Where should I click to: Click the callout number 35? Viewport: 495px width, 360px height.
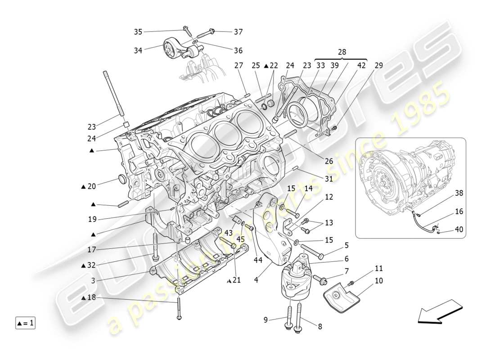tap(138, 31)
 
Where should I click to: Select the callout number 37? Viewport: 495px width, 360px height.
tap(238, 31)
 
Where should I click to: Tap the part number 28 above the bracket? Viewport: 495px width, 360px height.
tap(342, 52)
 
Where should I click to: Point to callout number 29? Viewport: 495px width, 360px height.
tap(378, 65)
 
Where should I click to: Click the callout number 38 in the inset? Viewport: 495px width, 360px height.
tap(459, 193)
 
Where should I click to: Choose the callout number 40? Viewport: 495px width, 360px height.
tap(459, 229)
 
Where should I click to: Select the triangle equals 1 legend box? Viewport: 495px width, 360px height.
tap(25, 323)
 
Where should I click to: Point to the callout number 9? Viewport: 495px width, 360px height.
tap(266, 320)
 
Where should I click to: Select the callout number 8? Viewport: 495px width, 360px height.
tap(320, 327)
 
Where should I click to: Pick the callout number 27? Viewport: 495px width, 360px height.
tap(238, 65)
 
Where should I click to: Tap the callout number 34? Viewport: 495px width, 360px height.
tap(138, 50)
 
